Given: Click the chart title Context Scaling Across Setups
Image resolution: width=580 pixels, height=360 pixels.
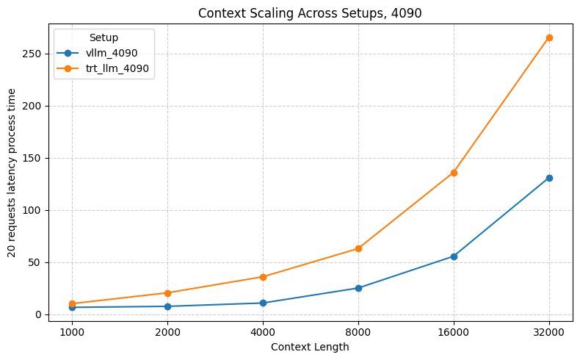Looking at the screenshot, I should point(310,12).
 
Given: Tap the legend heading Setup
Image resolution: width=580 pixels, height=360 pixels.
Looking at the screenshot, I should point(104,37).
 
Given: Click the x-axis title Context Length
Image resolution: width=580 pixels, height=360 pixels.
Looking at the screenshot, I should point(310,347).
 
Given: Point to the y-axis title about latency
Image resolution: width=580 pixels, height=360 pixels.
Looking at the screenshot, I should point(12,173).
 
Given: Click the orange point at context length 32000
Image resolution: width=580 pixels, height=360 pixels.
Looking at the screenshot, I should point(549,37).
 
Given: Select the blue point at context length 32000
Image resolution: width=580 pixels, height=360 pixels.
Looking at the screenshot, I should point(549,178).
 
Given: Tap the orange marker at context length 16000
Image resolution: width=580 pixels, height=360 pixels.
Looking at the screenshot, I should point(454,173).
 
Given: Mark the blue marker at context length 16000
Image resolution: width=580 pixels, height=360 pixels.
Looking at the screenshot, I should point(454,256).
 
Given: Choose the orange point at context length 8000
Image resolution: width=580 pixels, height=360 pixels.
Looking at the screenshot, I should point(358,248).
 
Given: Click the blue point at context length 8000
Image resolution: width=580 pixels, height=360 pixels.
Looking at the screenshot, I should point(358,288).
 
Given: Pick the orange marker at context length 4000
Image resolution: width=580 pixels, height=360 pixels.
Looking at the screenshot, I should point(263,277).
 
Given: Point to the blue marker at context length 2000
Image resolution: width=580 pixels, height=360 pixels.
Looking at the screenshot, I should point(167,306).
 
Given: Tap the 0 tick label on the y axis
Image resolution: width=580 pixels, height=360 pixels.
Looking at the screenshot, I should point(40,314).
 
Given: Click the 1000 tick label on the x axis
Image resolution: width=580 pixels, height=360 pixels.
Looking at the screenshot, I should point(72,331).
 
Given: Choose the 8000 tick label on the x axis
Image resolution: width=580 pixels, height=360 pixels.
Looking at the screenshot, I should point(358,331).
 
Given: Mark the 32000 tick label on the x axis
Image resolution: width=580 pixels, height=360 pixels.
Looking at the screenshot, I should point(549,331).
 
